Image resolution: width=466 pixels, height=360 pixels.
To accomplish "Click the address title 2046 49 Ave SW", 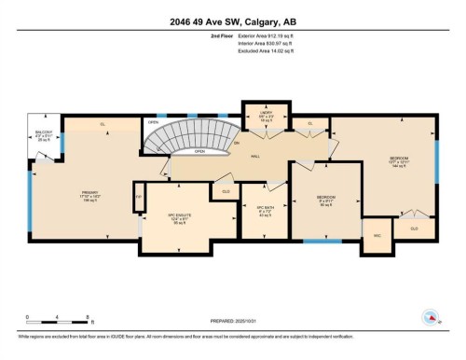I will (x=232, y=21).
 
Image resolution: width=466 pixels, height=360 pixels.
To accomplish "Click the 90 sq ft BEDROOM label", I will (x=325, y=199).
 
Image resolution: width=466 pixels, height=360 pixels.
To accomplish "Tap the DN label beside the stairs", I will (x=237, y=143).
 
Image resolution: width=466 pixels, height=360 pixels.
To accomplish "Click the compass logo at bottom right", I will (x=431, y=318).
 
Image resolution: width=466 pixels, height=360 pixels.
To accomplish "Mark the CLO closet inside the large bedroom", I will (x=414, y=227).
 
